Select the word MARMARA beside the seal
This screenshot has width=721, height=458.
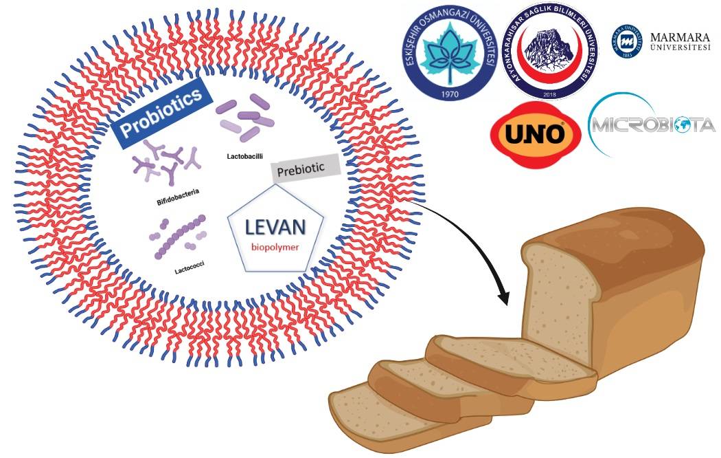[x=679, y=36]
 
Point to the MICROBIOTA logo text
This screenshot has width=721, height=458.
[x=652, y=126]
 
